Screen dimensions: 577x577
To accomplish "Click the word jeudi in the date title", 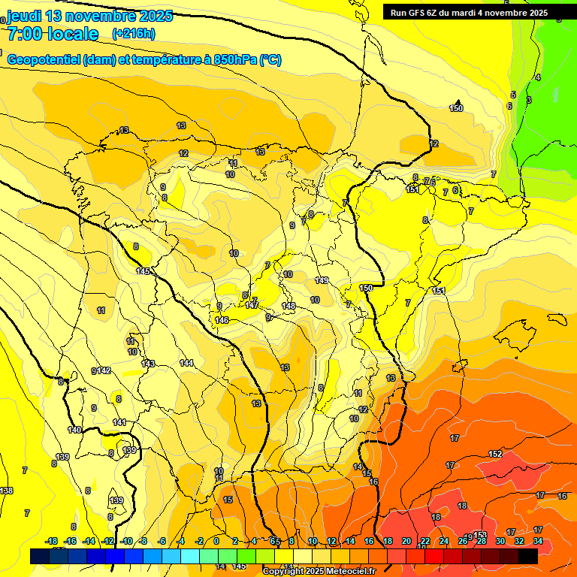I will click(24, 16).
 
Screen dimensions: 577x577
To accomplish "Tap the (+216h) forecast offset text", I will click(134, 33).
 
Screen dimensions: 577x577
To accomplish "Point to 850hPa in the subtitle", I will click(232, 60).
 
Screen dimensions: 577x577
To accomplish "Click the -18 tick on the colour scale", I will click(51, 541).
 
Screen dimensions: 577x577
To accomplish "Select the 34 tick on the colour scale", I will click(538, 541).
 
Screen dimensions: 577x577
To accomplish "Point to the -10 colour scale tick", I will click(126, 541).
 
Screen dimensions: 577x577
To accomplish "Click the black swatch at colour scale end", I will click(528, 555).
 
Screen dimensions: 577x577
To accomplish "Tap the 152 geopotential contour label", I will click(495, 454).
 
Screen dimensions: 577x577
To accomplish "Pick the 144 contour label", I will click(186, 363).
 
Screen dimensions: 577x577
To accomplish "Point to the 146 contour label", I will click(222, 320).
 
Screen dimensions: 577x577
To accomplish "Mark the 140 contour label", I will click(74, 430).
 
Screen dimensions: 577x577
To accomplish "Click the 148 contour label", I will click(288, 306).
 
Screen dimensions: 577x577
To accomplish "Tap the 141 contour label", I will click(119, 422).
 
